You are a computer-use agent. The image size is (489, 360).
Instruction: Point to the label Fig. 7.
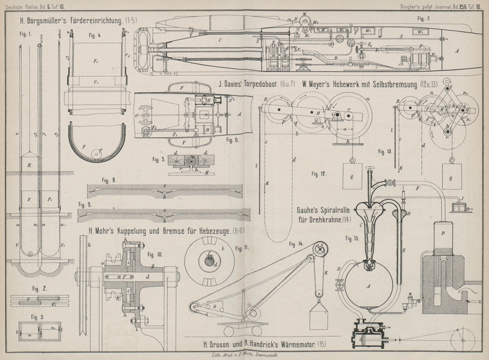(x=424, y=19)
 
